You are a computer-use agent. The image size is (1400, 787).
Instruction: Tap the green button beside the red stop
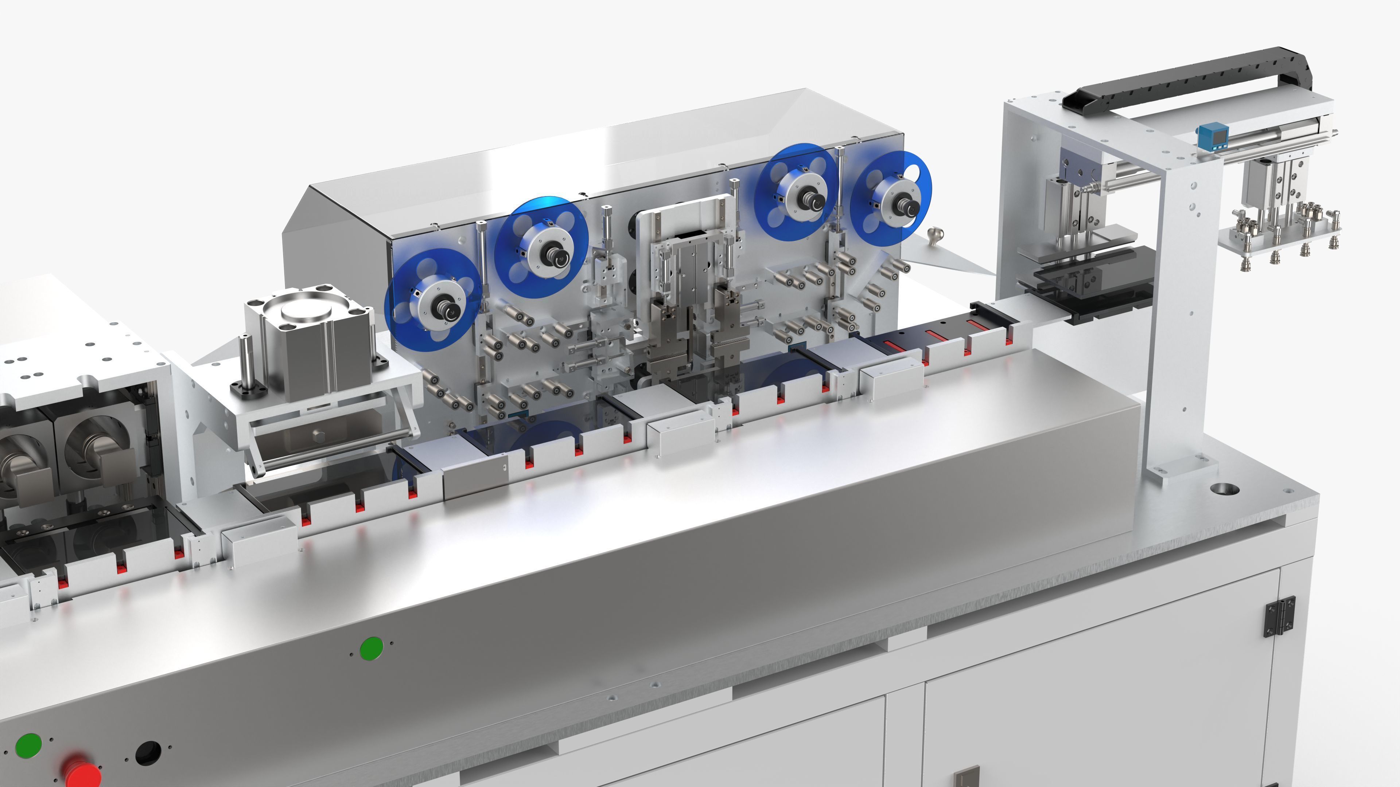pos(29,745)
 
